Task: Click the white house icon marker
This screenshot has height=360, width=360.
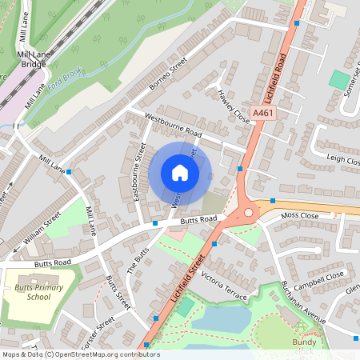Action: click(x=180, y=173)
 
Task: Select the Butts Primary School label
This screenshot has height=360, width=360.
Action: click(x=33, y=292)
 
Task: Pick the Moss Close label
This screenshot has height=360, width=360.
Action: click(x=300, y=216)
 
